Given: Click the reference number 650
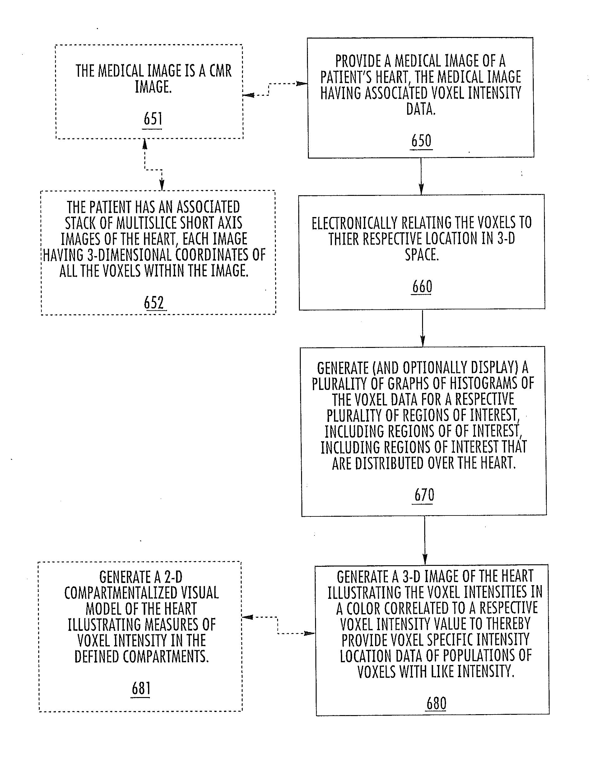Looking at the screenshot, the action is click(421, 141).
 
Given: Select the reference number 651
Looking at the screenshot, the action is click(153, 119).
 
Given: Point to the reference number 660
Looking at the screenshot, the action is click(422, 287).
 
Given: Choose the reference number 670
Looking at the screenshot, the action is click(424, 495).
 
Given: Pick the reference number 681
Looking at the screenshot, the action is click(141, 689).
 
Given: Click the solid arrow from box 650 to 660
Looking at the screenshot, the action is click(421, 176).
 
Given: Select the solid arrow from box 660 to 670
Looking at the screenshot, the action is click(422, 328).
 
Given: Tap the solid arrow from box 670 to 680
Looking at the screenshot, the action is click(425, 540).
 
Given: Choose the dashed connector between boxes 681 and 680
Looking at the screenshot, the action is click(277, 625).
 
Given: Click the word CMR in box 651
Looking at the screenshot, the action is click(220, 71).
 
